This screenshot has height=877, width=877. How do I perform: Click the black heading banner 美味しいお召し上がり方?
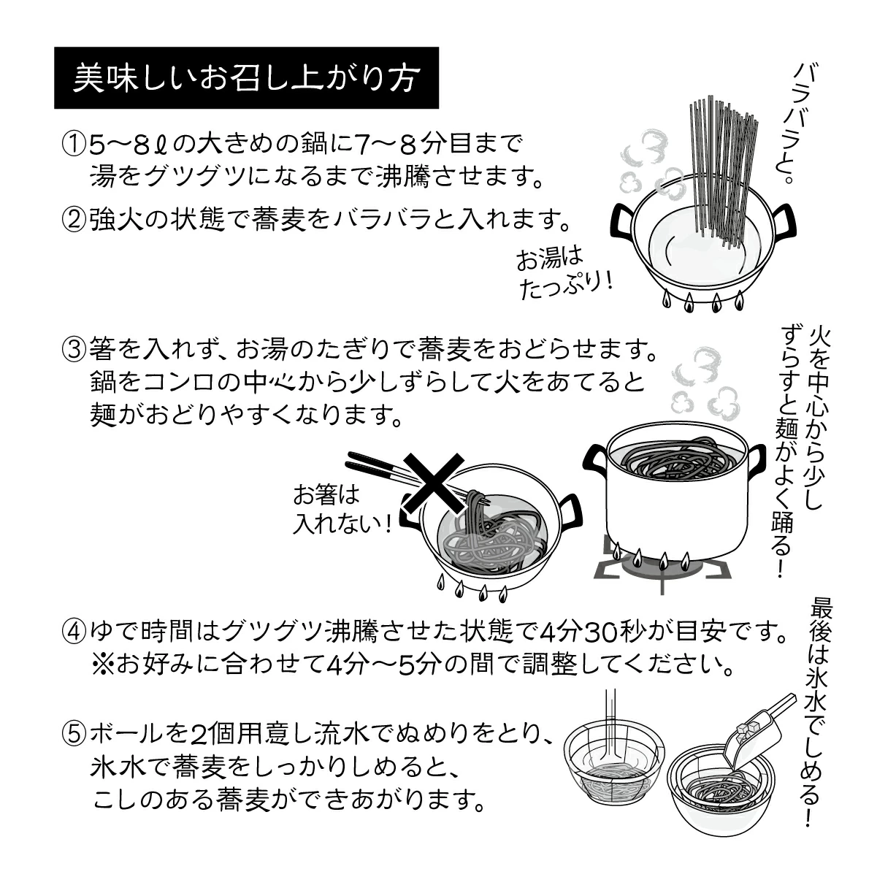coord(246,78)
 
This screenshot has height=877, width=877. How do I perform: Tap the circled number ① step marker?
coord(73,143)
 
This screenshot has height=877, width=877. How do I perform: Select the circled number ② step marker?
coord(73,218)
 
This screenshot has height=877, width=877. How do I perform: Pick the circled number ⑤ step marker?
coord(73,732)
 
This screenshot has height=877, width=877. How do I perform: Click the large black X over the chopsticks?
coord(434,488)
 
